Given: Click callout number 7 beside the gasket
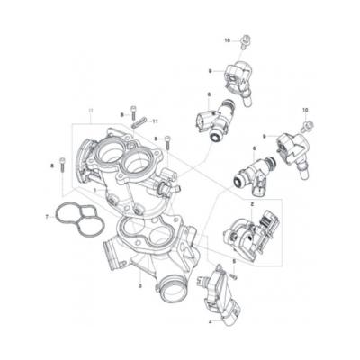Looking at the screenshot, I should tap(46, 217).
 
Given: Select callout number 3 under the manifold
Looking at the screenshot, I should tap(140, 285).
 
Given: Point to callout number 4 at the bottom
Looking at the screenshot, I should tap(211, 320).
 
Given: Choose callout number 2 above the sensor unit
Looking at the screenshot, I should tap(252, 205).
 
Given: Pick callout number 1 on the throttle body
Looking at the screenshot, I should tap(95, 191).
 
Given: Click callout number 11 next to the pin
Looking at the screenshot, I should tap(156, 121).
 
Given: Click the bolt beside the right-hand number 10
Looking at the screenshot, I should tap(309, 123).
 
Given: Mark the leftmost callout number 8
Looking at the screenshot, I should tap(52, 166).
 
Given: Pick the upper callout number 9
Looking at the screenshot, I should tap(209, 70).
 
